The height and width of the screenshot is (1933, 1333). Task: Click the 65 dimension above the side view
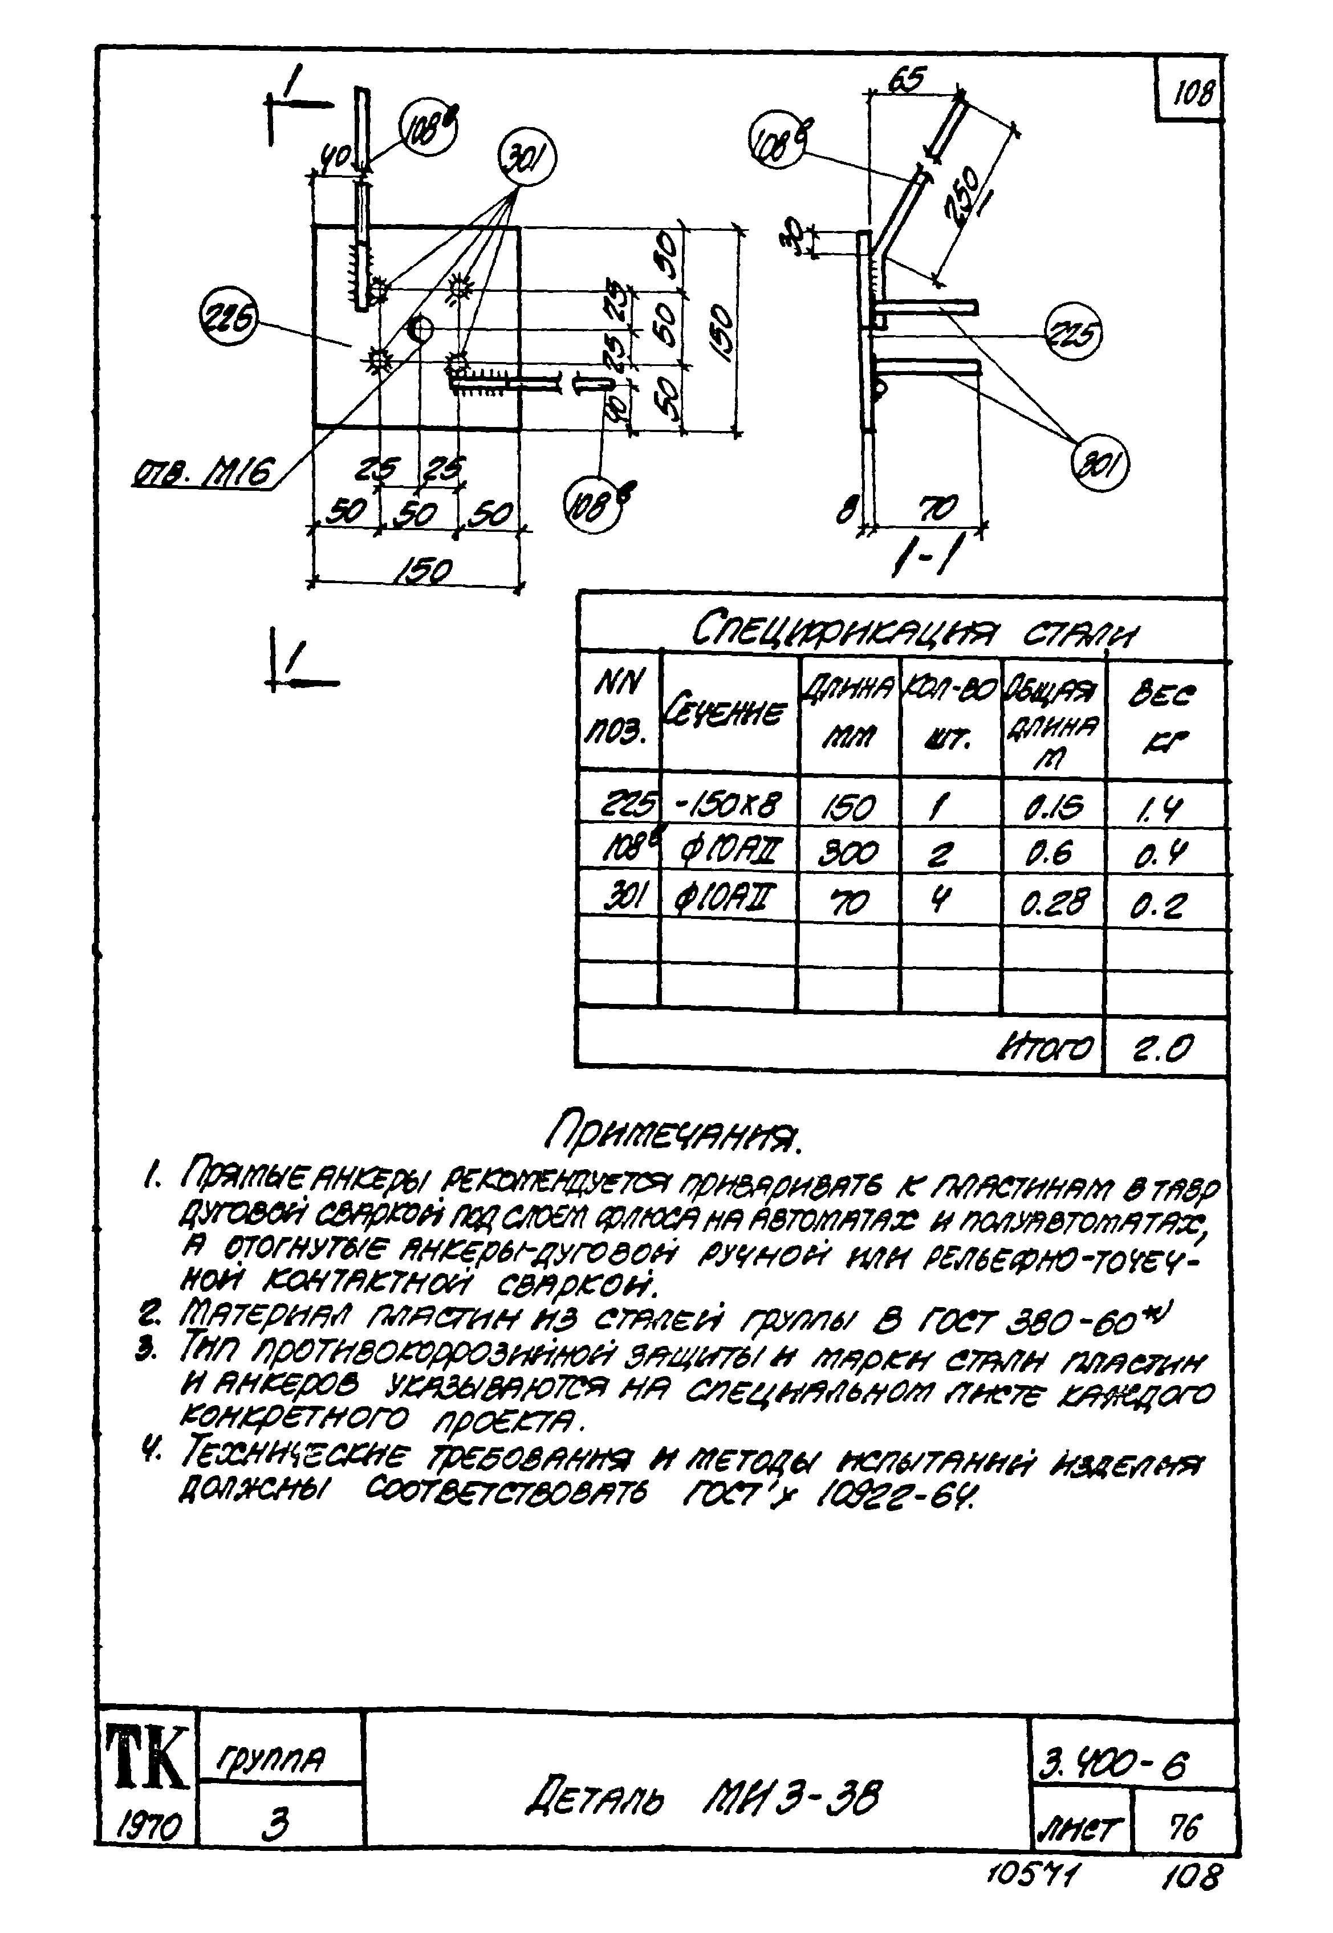click(906, 81)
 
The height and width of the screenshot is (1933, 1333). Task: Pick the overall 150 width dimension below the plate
click(422, 571)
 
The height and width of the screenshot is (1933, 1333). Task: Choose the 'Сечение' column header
click(726, 712)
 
